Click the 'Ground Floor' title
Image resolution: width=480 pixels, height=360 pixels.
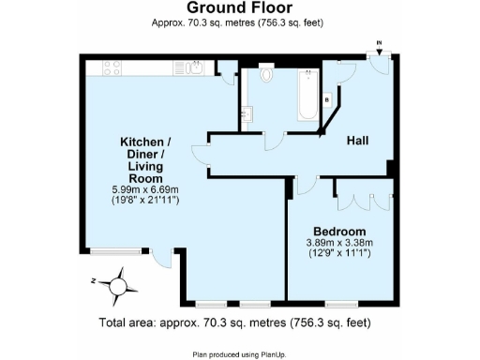click(239, 8)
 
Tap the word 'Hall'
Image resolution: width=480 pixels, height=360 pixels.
click(357, 141)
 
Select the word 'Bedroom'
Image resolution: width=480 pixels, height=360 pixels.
click(338, 231)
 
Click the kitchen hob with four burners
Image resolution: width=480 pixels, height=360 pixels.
click(109, 67)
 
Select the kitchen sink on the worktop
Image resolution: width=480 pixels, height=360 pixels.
click(194, 67)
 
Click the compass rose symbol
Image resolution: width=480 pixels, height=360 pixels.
click(120, 281)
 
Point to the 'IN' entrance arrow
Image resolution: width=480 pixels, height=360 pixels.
click(379, 43)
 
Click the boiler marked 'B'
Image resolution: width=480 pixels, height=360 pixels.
click(326, 98)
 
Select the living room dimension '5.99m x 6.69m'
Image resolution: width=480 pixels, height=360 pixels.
click(139, 189)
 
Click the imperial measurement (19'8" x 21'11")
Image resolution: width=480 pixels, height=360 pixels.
click(139, 201)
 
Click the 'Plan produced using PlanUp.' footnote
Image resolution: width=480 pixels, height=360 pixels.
click(239, 353)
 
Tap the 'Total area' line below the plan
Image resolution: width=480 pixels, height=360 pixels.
click(239, 322)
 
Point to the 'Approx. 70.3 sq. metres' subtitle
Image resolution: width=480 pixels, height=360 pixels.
click(239, 22)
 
